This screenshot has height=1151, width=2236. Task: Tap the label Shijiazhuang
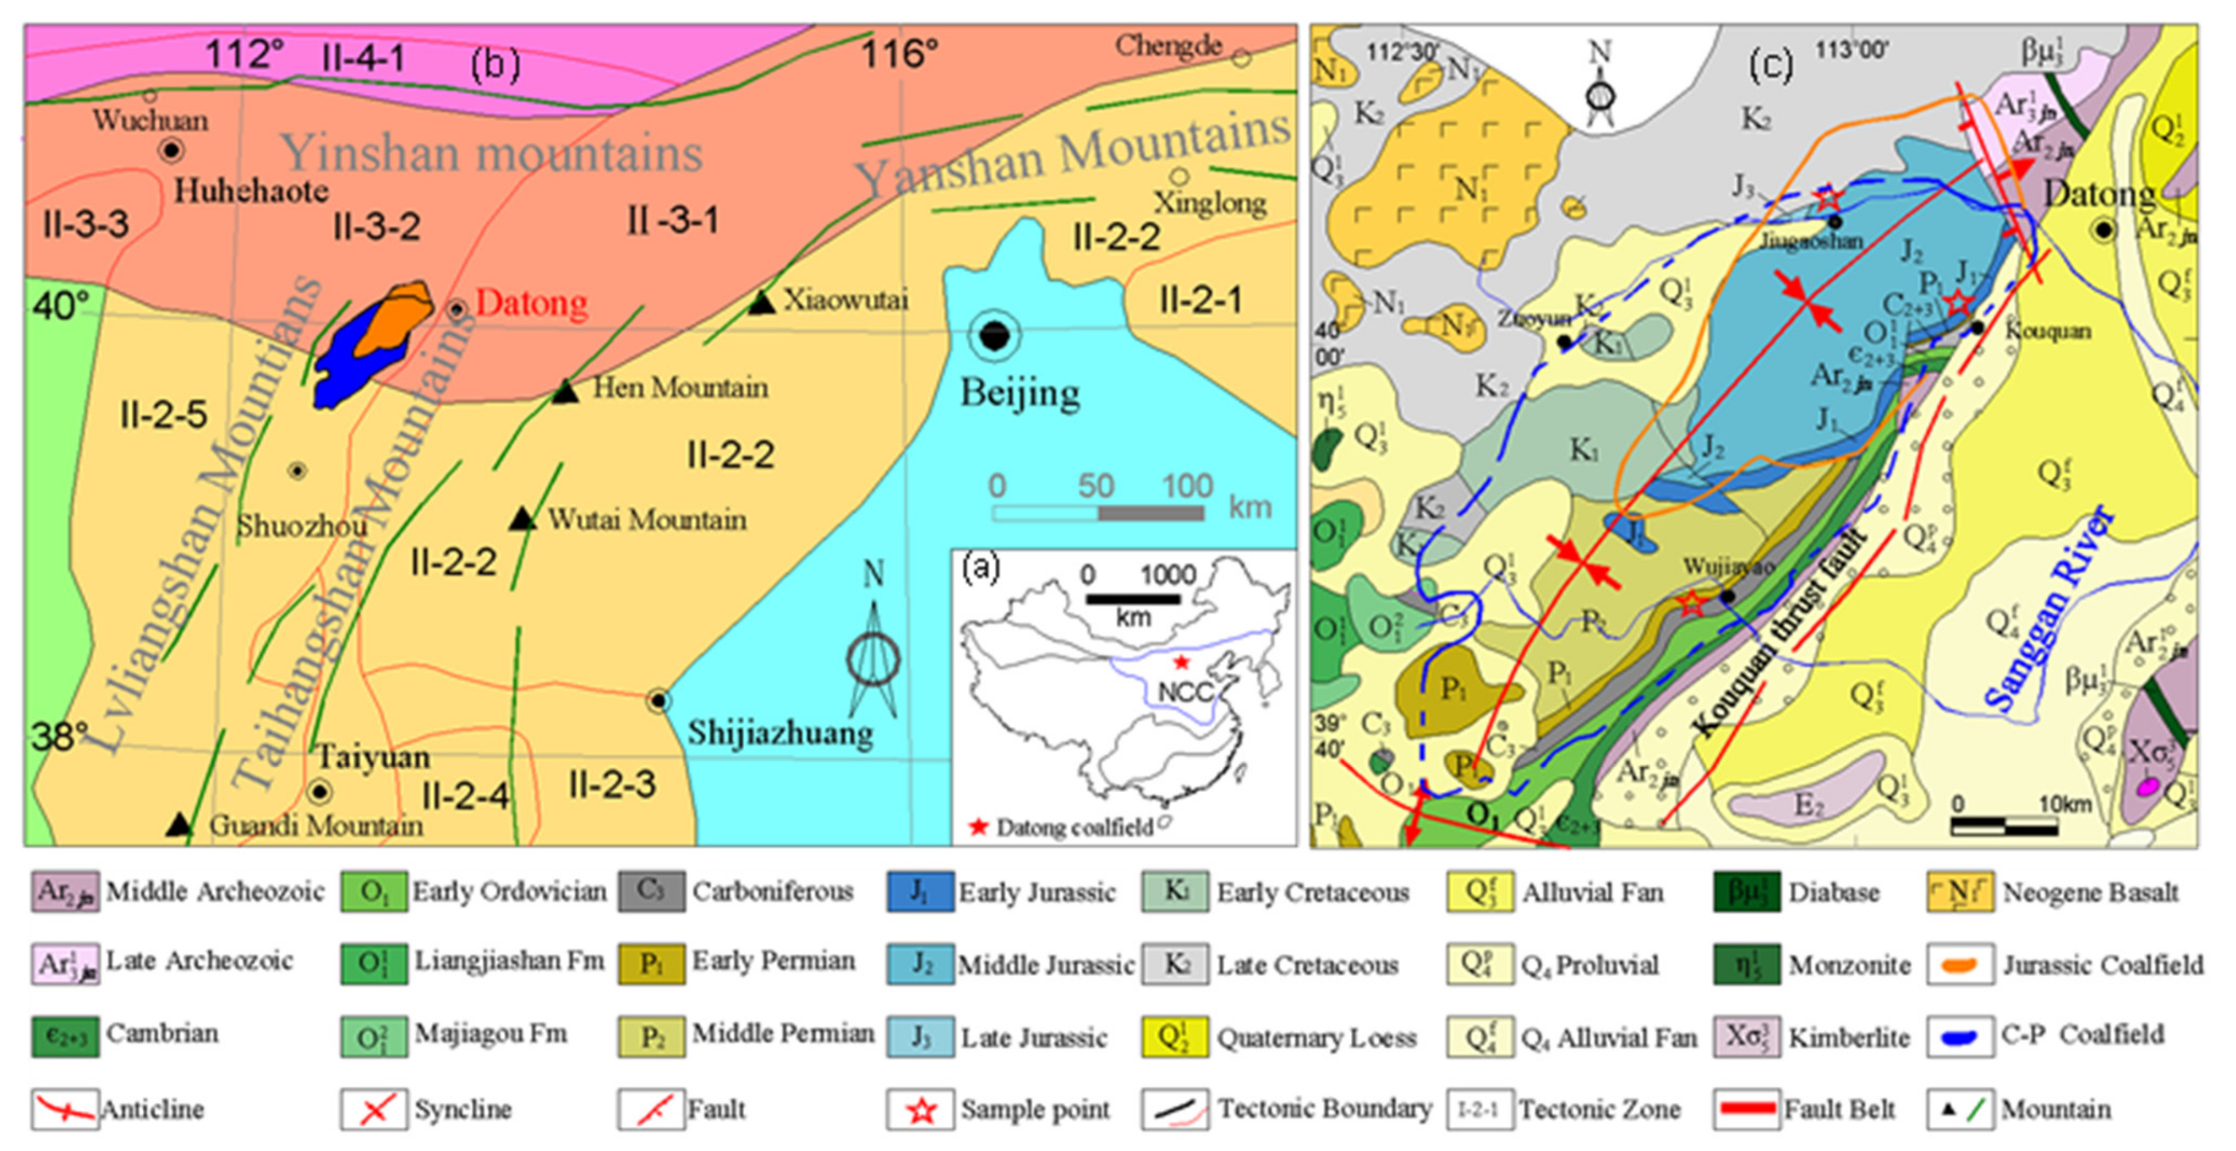click(x=780, y=734)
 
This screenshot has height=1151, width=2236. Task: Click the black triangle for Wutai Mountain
click(x=522, y=519)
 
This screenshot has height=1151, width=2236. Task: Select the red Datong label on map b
click(x=531, y=304)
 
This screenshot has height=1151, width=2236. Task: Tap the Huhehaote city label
click(x=251, y=190)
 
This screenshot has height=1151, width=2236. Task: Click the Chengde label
click(x=1168, y=46)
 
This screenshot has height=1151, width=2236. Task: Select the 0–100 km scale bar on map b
click(x=1098, y=513)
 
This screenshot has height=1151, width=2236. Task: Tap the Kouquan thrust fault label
click(x=1780, y=633)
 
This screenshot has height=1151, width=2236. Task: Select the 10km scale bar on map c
click(x=2004, y=827)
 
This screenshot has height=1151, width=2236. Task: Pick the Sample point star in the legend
click(x=921, y=1109)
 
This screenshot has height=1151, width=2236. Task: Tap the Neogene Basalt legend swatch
click(x=1959, y=891)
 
